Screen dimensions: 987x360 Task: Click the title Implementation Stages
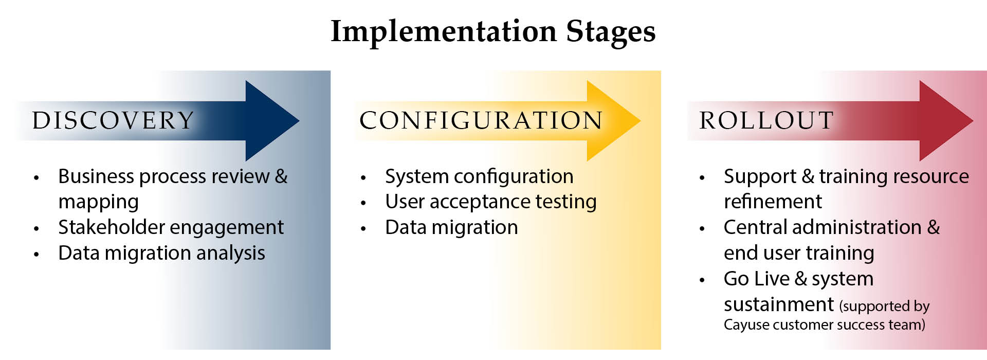[493, 32]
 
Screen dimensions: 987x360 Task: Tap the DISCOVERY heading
[113, 120]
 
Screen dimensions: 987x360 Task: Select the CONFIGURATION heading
[481, 120]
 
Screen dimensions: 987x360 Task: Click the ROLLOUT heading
[766, 120]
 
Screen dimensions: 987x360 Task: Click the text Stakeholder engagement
[171, 227]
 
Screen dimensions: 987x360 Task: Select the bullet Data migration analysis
[161, 253]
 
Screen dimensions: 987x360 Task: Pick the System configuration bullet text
[479, 176]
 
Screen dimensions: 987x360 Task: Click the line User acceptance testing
[491, 202]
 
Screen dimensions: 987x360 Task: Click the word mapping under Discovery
[99, 202]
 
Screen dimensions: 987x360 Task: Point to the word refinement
[773, 201]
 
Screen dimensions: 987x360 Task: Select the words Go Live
[757, 279]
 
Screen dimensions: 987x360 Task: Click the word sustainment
[779, 304]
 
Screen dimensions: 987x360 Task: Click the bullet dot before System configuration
[363, 178]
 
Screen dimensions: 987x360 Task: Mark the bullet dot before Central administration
[702, 229]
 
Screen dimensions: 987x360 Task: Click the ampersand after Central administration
[934, 227]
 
